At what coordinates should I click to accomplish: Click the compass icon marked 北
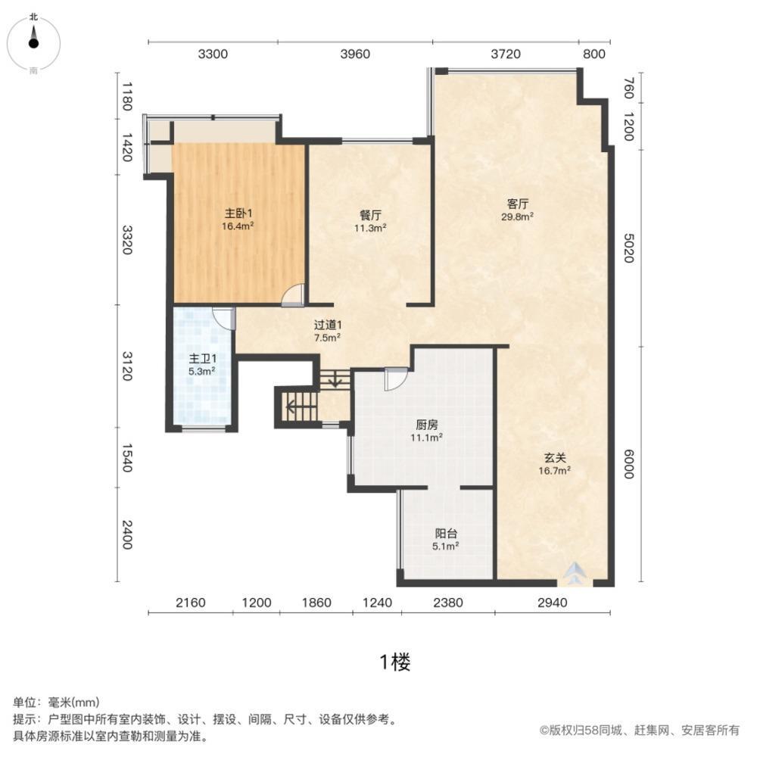pos(33,42)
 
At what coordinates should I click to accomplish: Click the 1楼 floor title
pos(394,663)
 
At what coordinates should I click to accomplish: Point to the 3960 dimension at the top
pos(354,54)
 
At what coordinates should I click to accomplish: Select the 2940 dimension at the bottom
pos(551,603)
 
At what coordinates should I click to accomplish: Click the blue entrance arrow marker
pos(575,574)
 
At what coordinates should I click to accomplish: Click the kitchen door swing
pos(395,378)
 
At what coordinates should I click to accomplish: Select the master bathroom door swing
pos(223,317)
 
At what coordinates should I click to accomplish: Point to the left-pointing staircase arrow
pos(294,407)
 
